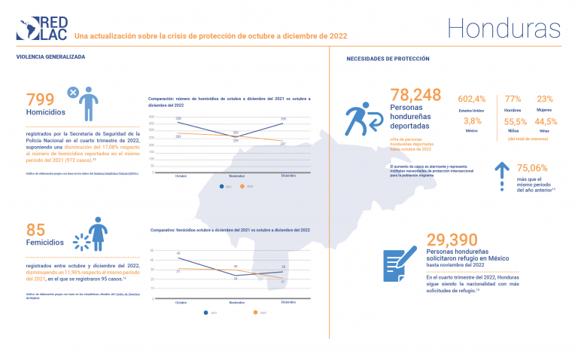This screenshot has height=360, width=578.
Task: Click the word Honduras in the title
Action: pos(503,28)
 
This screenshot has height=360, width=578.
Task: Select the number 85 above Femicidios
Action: pos(36,230)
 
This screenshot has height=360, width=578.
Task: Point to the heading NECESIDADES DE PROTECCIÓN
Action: pos(388,58)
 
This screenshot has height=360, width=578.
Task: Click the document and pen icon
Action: pos(400,263)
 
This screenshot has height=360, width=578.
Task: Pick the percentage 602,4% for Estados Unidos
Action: pos(473,99)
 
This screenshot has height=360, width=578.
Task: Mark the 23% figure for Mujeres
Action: pos(545,99)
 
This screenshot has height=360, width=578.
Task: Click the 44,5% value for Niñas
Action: pos(546,121)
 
